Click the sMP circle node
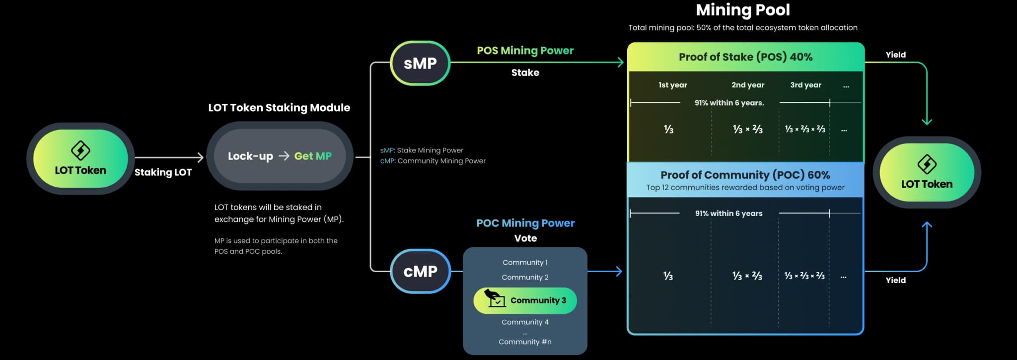coord(420,63)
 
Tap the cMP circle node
coord(420,271)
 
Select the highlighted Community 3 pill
coord(525,300)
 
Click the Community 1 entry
coord(525,262)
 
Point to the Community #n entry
coord(525,342)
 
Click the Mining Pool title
coord(742,10)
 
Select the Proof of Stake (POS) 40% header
coord(745,57)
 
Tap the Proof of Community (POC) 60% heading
coord(745,175)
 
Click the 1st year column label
coord(672,85)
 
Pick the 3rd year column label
coord(805,85)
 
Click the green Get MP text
coord(313,156)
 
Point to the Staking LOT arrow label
coord(163,172)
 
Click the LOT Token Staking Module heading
coord(279,108)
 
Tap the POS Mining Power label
coord(525,51)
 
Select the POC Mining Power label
coord(525,223)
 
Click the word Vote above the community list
coord(525,238)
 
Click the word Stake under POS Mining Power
coord(525,72)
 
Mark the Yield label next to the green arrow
coord(895,55)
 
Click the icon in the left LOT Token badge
coord(80,150)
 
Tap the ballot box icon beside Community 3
coord(494,298)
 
